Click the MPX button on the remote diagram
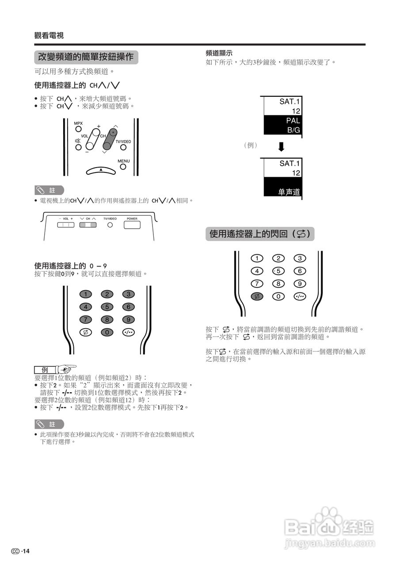(78, 130)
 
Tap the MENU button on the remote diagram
(123, 167)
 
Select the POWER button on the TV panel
(132, 225)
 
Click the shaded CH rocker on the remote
(109, 140)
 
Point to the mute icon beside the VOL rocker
(78, 141)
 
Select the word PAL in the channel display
(293, 120)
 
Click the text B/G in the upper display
(293, 130)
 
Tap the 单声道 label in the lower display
(289, 192)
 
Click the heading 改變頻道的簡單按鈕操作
(86, 57)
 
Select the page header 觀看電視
(49, 36)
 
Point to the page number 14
(26, 551)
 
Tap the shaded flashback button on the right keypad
(256, 296)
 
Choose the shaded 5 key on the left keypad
(107, 307)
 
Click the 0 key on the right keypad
(278, 296)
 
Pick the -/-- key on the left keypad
(129, 332)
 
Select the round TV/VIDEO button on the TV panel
(110, 225)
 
